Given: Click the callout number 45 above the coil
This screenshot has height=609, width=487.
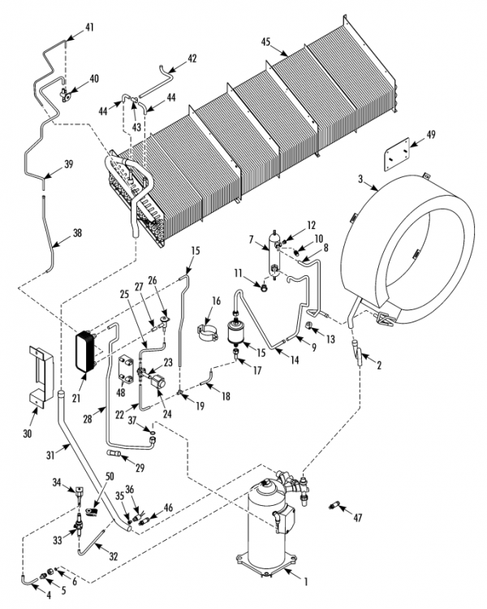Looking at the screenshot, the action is [265, 42].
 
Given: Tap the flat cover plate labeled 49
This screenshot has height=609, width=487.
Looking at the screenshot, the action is [397, 154].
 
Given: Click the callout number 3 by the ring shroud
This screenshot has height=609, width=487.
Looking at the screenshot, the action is [360, 179].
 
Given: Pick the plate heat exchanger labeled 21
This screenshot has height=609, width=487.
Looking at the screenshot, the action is [85, 352].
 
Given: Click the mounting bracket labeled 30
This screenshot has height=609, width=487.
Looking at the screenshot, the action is [41, 377].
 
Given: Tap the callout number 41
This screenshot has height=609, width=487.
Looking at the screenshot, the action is [90, 28].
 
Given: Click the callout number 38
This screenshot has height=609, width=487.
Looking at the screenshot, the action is [77, 233].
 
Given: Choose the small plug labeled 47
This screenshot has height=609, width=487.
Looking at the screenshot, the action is [334, 506].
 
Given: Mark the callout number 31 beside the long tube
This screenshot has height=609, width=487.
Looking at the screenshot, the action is [50, 455].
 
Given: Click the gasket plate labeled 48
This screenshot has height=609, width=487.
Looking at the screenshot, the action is [126, 369].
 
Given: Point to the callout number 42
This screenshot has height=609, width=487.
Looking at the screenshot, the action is [192, 58].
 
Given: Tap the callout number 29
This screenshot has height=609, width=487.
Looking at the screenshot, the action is [140, 468].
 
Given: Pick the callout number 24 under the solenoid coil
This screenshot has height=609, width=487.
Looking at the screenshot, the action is [167, 414].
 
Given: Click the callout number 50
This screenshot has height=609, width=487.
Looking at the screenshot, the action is [110, 476].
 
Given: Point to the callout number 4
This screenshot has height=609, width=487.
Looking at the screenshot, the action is [49, 594].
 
